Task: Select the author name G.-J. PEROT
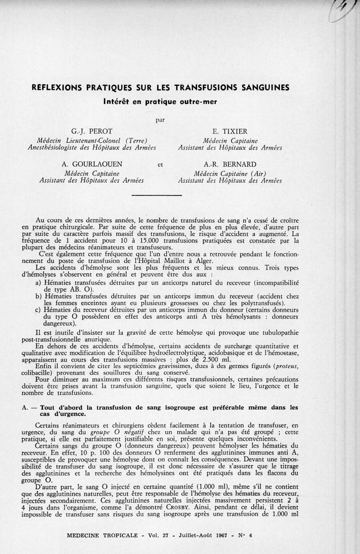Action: (88, 131)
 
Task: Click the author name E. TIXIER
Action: (229, 131)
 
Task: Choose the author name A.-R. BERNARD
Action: (230, 164)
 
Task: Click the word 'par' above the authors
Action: (160, 120)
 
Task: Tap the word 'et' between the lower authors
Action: (160, 164)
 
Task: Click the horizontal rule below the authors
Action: (156, 195)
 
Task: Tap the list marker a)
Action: (38, 283)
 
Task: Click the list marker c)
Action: (38, 310)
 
